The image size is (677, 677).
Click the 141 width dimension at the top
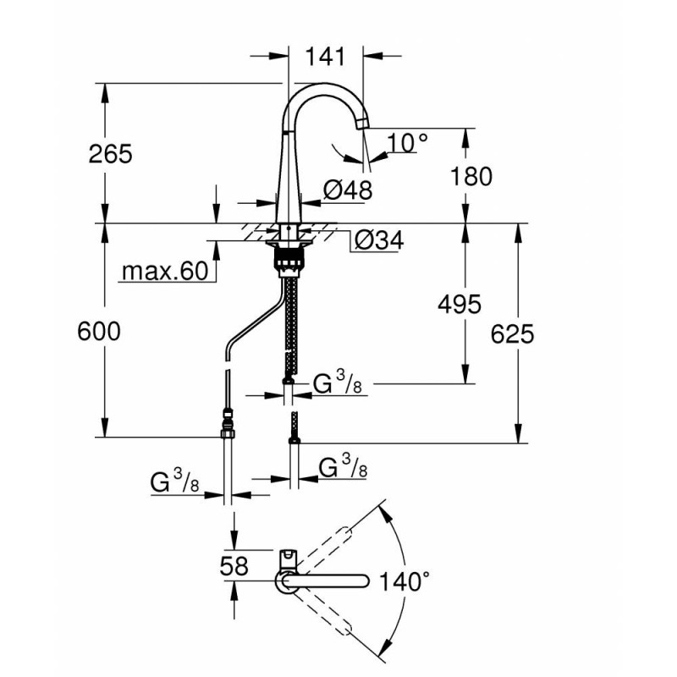tap(326, 57)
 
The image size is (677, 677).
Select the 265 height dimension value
tap(111, 154)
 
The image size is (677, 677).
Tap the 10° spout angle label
tap(408, 143)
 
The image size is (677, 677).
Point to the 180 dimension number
tap(471, 177)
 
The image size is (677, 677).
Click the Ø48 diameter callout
tap(348, 190)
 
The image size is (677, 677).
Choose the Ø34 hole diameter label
tap(378, 240)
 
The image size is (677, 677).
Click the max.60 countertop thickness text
tap(165, 271)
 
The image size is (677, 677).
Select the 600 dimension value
tap(99, 332)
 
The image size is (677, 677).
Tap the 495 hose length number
tap(460, 305)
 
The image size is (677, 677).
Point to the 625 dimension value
tap(513, 334)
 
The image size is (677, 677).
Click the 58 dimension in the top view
tap(234, 566)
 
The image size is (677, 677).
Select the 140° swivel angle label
tap(405, 581)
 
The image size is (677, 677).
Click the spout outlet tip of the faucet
tap(362, 124)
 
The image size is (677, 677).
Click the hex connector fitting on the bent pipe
tap(228, 423)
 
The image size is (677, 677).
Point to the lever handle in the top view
tap(288, 559)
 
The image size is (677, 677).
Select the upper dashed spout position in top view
tap(323, 549)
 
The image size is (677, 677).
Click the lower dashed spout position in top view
tap(323, 612)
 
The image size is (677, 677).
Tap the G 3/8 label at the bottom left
tap(175, 482)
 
